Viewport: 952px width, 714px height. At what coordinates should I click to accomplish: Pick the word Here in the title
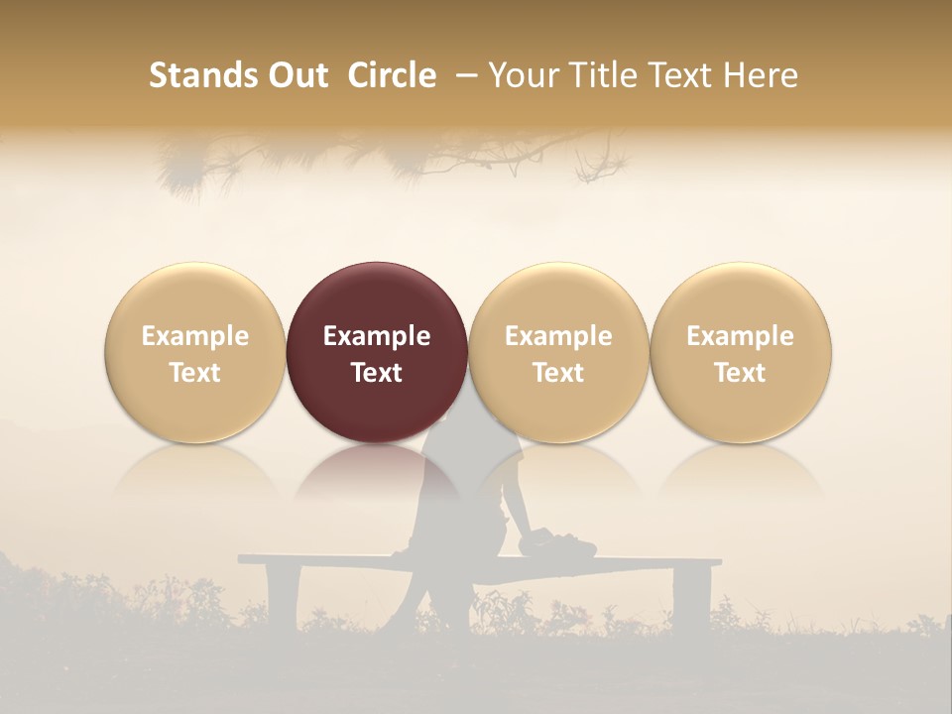[x=761, y=75]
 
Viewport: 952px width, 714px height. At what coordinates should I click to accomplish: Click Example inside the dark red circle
[x=377, y=336]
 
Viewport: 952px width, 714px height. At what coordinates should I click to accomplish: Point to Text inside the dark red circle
[x=377, y=373]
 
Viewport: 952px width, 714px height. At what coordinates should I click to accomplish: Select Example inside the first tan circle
[x=195, y=336]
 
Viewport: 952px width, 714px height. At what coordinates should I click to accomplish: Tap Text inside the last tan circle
[x=741, y=373]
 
